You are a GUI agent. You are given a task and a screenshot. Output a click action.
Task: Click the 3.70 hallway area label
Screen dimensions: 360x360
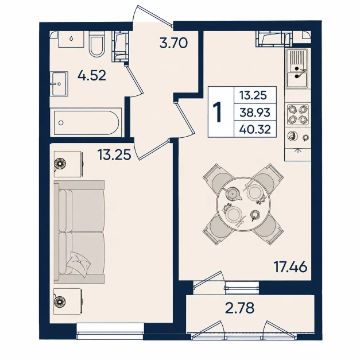(x=174, y=43)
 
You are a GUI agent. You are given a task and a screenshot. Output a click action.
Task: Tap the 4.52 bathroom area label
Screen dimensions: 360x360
(x=92, y=75)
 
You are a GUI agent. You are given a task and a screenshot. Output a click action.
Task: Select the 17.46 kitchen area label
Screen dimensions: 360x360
(x=290, y=267)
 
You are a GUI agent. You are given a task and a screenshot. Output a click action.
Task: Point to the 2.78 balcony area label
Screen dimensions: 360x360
(x=240, y=308)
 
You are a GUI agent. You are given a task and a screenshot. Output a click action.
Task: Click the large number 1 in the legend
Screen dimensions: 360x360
(x=218, y=112)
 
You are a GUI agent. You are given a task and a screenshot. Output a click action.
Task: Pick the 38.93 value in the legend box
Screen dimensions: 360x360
(x=255, y=112)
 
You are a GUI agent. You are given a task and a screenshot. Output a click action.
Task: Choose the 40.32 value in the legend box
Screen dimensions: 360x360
(x=255, y=129)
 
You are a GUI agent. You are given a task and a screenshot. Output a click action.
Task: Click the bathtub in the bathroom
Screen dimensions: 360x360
(x=86, y=122)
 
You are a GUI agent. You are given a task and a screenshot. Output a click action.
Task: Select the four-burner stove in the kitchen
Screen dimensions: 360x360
(x=298, y=115)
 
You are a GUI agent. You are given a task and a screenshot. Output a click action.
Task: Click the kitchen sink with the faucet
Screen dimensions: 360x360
(x=298, y=68)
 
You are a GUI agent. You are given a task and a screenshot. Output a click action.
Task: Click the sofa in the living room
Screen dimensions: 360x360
(x=79, y=232)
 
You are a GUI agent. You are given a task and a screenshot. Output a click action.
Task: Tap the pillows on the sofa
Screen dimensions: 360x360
(x=78, y=263)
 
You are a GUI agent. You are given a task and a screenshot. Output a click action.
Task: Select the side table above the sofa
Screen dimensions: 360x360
(x=68, y=164)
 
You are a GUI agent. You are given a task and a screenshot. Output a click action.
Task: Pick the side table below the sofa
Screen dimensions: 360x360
(x=68, y=301)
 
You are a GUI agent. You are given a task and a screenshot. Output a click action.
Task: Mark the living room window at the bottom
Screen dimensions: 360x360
(x=110, y=331)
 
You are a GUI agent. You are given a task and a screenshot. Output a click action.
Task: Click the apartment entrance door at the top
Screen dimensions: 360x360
(x=153, y=15)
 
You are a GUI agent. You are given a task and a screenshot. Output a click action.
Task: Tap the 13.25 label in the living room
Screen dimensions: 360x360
(x=114, y=154)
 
